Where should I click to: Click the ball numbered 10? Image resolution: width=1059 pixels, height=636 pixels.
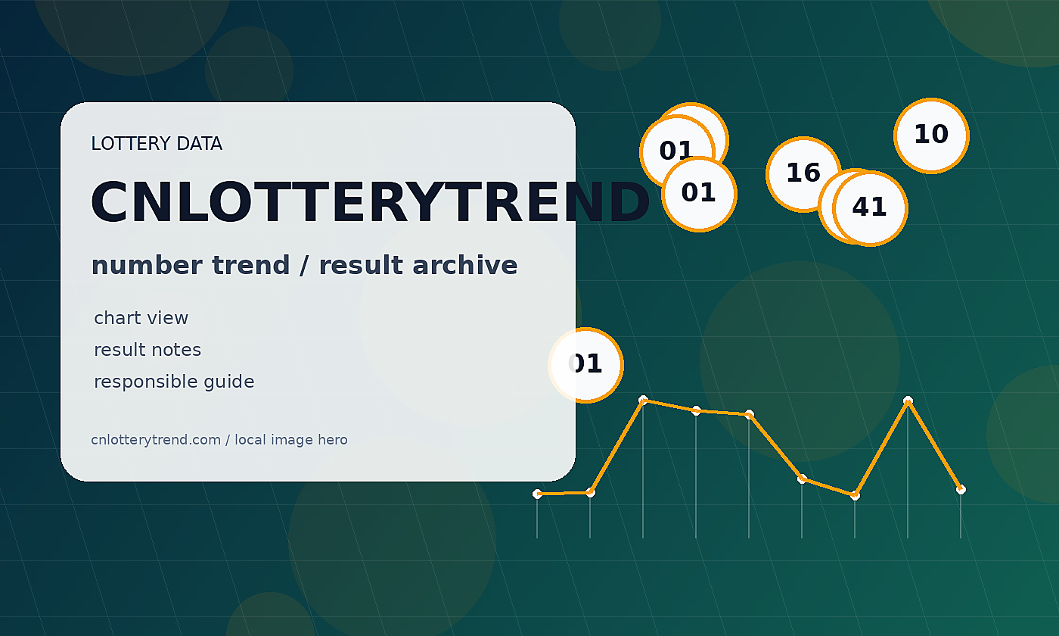(x=931, y=136)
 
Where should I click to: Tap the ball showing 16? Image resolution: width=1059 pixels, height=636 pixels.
(x=803, y=174)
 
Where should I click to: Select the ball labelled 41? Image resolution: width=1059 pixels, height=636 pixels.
(x=870, y=208)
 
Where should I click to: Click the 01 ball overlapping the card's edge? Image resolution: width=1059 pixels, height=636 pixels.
(x=585, y=365)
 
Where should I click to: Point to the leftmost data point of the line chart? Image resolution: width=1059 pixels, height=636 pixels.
(x=537, y=494)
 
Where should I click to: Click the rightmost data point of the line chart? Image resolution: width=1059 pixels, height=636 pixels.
(x=961, y=490)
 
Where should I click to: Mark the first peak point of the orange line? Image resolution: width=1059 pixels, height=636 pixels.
(x=643, y=401)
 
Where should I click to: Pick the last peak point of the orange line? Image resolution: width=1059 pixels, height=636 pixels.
(x=908, y=401)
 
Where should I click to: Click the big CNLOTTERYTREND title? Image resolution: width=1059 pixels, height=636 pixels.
(x=370, y=203)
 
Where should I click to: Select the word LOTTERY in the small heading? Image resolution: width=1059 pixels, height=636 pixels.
(x=130, y=143)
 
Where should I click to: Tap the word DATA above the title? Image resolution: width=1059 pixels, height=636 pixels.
(x=199, y=143)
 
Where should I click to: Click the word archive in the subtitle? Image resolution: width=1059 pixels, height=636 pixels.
(x=464, y=265)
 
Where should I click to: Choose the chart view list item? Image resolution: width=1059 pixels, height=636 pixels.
(x=141, y=318)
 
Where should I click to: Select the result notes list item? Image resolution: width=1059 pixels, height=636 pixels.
(x=148, y=350)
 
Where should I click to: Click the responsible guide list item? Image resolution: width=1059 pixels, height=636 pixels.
(x=174, y=382)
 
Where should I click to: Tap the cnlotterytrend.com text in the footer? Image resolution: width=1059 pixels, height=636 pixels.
(x=156, y=440)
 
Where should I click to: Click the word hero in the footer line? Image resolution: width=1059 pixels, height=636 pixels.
(x=333, y=440)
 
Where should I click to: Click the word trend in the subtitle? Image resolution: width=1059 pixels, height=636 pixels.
(x=250, y=265)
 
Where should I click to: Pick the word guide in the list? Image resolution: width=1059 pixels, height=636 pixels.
(x=229, y=382)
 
